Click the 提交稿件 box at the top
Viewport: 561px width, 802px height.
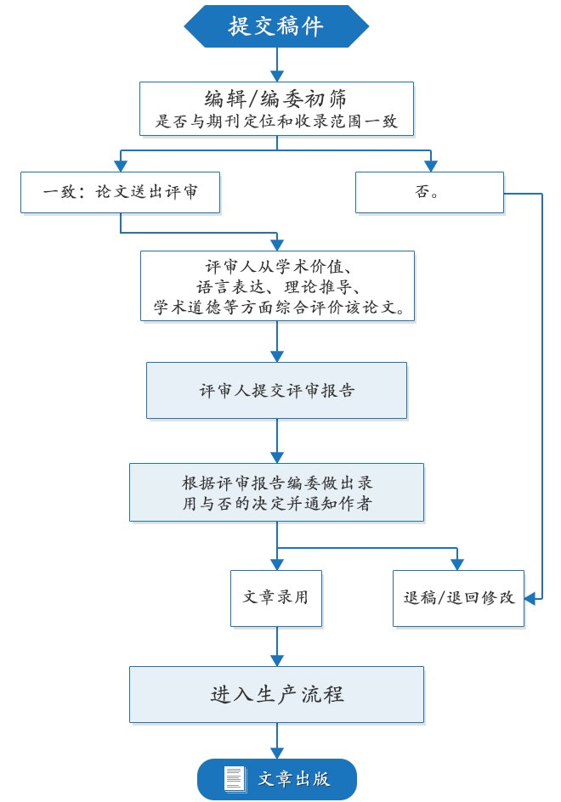[x=276, y=25]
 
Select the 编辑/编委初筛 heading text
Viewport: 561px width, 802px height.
[x=276, y=97]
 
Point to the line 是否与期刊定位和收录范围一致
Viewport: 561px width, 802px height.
[x=276, y=121]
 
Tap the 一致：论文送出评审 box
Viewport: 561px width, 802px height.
[x=121, y=193]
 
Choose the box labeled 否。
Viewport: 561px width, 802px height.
[x=428, y=193]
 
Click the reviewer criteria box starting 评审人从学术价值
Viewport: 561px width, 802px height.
[x=277, y=286]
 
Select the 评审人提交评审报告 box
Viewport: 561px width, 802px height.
[x=276, y=391]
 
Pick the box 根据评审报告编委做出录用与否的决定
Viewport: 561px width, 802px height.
[x=276, y=493]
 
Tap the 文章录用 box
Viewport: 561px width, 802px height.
[x=275, y=596]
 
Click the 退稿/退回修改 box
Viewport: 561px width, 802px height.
[x=459, y=596]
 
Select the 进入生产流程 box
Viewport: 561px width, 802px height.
[x=276, y=694]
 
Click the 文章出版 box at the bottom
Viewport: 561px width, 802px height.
[x=276, y=778]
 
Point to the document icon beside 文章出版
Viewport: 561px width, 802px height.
[x=235, y=778]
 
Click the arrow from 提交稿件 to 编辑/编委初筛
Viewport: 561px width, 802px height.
[x=276, y=64]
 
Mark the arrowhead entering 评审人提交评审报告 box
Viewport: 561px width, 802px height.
[x=276, y=356]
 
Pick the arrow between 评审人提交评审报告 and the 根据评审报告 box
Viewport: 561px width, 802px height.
[x=276, y=442]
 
